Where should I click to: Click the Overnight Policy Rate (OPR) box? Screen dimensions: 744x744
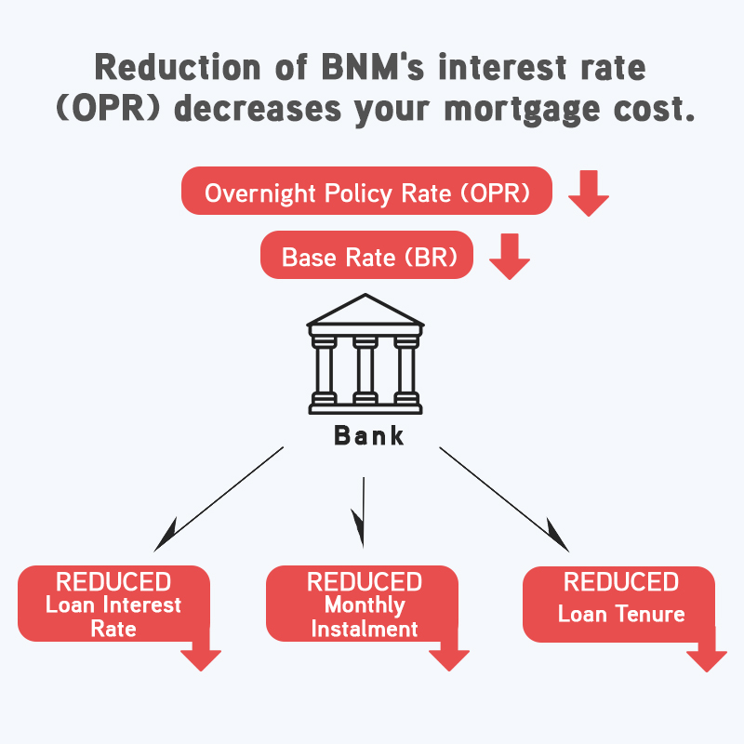pyautogui.click(x=366, y=191)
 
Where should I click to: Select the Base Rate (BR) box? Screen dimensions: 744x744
pyautogui.click(x=366, y=255)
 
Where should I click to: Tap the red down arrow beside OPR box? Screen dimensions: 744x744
pyautogui.click(x=589, y=193)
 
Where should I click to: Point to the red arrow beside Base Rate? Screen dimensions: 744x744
pyautogui.click(x=510, y=257)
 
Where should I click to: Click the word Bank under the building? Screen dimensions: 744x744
pyautogui.click(x=368, y=435)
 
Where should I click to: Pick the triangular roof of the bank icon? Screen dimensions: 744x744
pyautogui.click(x=365, y=310)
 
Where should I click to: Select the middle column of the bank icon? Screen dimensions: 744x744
pyautogui.click(x=365, y=370)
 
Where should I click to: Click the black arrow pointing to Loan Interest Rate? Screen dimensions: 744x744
pyautogui.click(x=219, y=498)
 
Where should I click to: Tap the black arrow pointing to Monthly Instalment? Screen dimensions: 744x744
pyautogui.click(x=363, y=512)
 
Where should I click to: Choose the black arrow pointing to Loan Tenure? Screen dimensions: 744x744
pyautogui.click(x=504, y=499)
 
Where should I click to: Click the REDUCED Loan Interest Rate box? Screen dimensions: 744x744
pyautogui.click(x=113, y=604)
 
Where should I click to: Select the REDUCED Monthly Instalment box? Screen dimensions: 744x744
pyautogui.click(x=362, y=604)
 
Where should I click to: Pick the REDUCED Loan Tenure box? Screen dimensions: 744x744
pyautogui.click(x=618, y=604)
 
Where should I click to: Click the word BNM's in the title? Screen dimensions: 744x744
pyautogui.click(x=373, y=67)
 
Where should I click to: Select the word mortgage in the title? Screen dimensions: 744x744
pyautogui.click(x=522, y=111)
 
